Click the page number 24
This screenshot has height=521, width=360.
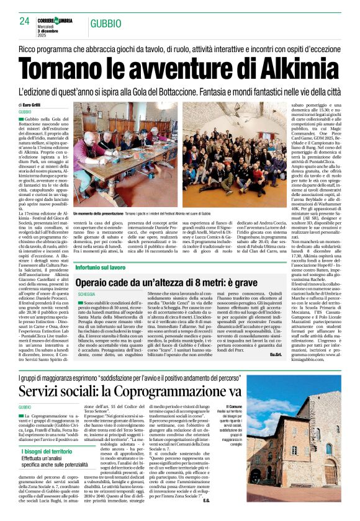coord(25,21)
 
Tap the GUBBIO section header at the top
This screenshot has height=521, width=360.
coord(105,24)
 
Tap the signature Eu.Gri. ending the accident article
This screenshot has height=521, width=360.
coord(275,354)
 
